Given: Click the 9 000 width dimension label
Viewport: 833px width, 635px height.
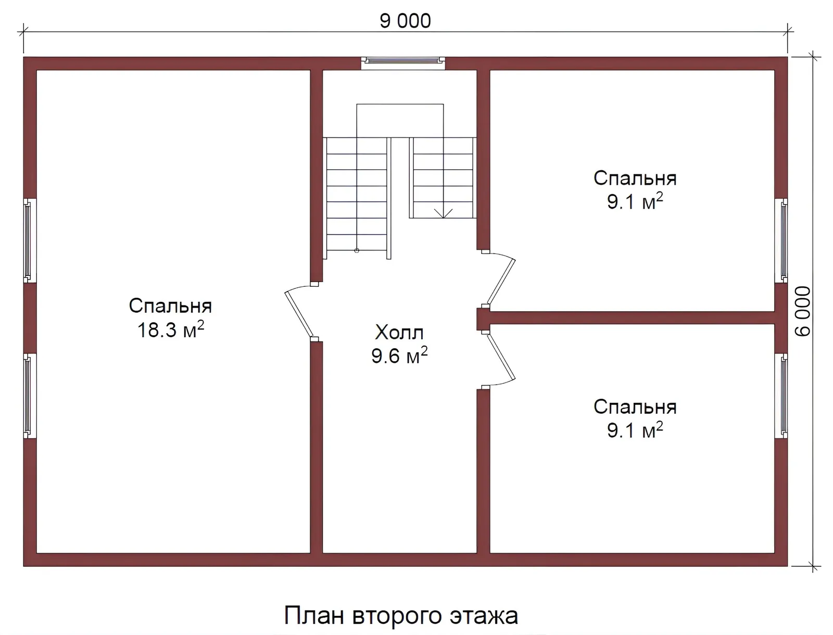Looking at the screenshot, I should (405, 21).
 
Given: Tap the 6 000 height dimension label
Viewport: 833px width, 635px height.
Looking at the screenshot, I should (803, 311).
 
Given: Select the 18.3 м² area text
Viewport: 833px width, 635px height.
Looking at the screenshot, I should (170, 330).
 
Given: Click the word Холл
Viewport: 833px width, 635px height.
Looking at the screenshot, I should (399, 332).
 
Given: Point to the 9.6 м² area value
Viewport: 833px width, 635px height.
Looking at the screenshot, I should (399, 356).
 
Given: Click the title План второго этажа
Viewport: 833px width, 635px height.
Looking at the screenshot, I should (401, 616).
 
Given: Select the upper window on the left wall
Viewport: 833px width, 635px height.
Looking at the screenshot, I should (29, 240).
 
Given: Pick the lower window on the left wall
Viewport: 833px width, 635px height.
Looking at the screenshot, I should (29, 396).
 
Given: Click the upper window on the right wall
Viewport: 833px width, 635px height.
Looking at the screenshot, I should (782, 240).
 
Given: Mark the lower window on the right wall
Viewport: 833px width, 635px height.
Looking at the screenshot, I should (782, 396).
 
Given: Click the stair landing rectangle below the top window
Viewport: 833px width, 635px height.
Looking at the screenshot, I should (400, 120).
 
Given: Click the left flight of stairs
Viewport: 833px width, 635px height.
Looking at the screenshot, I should (357, 198).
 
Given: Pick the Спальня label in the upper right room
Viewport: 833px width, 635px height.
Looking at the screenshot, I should (635, 179).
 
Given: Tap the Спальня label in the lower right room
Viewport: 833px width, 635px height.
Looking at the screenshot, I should (635, 407).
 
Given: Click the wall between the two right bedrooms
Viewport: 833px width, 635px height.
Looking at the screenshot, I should (633, 317).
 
